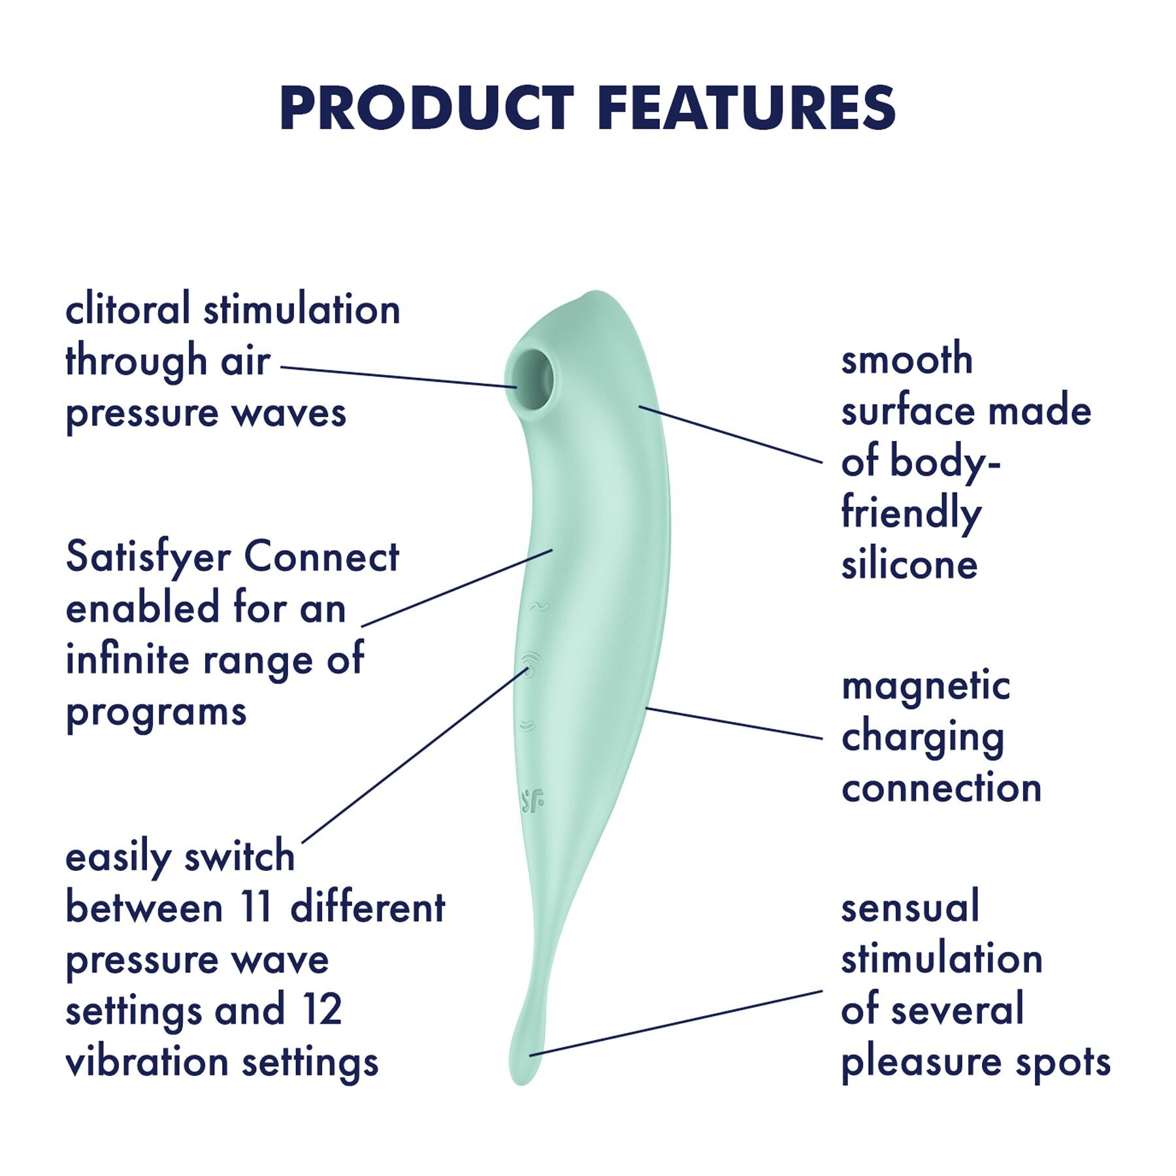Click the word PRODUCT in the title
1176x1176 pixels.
(x=427, y=108)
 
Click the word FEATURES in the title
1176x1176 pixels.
(x=746, y=108)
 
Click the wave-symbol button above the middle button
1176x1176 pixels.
(x=539, y=607)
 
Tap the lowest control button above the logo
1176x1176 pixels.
(x=527, y=725)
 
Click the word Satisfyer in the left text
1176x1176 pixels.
(x=148, y=558)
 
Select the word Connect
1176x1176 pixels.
(x=321, y=557)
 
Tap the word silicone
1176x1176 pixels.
(x=909, y=564)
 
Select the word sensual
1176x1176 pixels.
(x=910, y=907)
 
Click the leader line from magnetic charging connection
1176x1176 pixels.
(x=734, y=723)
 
